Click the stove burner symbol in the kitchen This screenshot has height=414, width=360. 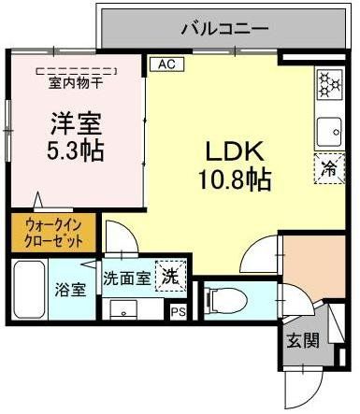tap(330, 86)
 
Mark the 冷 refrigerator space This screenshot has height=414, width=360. tap(329, 169)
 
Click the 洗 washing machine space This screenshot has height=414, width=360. tap(169, 278)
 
